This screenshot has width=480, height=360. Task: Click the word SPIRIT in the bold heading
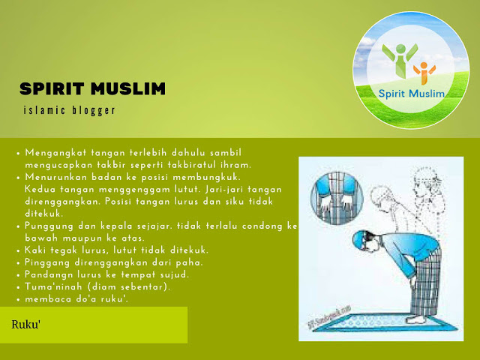pos(52,88)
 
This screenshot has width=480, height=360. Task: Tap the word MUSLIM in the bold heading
pos(128,88)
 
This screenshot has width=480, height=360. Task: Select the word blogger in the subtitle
pos(94,110)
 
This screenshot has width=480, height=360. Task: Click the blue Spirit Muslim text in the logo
pos(411,93)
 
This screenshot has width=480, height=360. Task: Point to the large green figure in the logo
pos(400,59)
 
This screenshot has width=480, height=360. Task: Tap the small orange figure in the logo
pos(424,73)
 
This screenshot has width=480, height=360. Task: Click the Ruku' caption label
pos(26,325)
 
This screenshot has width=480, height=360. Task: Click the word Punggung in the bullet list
pos(49,226)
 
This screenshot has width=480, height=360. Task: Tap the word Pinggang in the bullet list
pos(47,263)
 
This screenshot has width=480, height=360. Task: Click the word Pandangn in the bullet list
pos(48,275)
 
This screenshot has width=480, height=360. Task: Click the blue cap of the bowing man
pos(358,238)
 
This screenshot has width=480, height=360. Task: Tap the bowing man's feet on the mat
pos(415,319)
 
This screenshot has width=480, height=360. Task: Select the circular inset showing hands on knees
pos(337,198)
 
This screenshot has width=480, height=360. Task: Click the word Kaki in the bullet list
pos(35,250)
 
